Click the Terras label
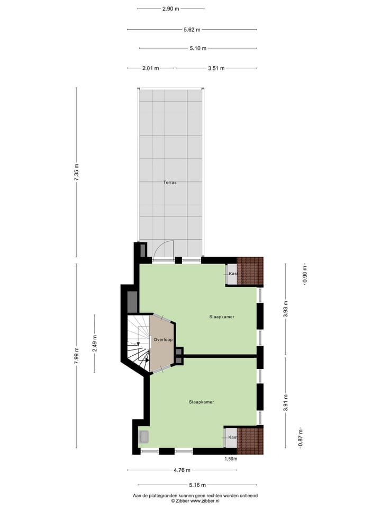[x=170, y=182]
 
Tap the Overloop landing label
[x=163, y=339]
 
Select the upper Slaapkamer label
[x=221, y=317]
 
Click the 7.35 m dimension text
[x=77, y=173]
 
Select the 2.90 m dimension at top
[x=170, y=9]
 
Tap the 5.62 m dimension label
[x=192, y=30]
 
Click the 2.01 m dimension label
[x=151, y=68]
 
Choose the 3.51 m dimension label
[x=216, y=68]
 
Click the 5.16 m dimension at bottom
[x=197, y=485]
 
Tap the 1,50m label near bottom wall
[x=231, y=459]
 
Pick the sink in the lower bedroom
[x=144, y=437]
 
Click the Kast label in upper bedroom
[x=232, y=274]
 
